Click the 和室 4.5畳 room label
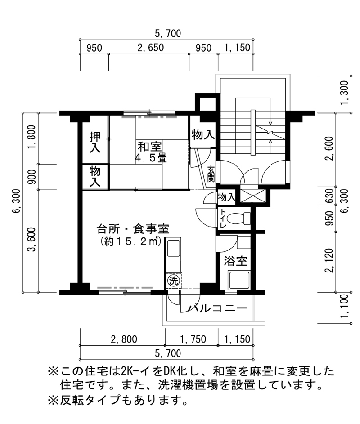(x=151, y=152)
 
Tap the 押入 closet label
(x=95, y=143)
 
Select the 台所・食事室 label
(x=133, y=229)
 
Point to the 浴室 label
(x=235, y=261)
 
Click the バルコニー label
(x=218, y=308)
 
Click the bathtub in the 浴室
(x=239, y=281)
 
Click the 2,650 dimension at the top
(x=150, y=48)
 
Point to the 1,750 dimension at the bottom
(x=193, y=339)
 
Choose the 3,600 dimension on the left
(x=32, y=240)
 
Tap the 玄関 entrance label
(x=211, y=173)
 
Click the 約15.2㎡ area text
(x=131, y=241)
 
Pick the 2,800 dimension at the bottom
(x=124, y=339)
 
